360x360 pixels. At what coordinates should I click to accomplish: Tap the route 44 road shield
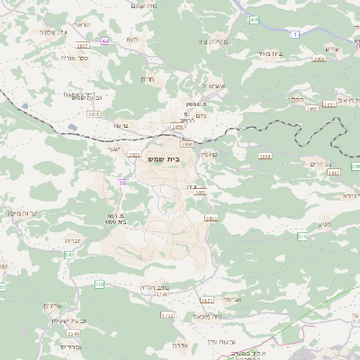click(105, 41)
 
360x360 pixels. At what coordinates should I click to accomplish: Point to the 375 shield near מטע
click(302, 236)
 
